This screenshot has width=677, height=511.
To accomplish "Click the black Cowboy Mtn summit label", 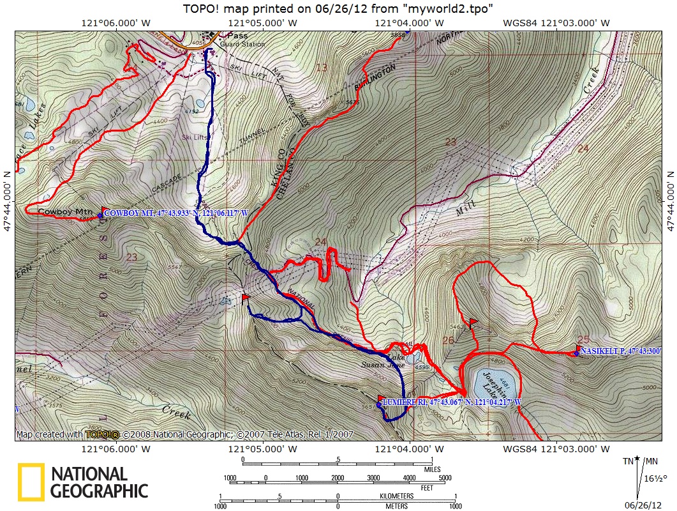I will coord(65,211).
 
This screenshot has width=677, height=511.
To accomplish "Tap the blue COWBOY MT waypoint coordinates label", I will coord(175,213).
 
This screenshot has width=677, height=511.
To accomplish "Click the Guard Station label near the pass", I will coord(242,45).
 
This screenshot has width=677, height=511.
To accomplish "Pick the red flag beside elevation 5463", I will coord(473,322).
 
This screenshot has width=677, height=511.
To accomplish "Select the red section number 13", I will coord(321,68).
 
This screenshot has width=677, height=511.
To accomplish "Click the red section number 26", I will coord(448,340).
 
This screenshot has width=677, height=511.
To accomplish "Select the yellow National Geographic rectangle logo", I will coord(31,482).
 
